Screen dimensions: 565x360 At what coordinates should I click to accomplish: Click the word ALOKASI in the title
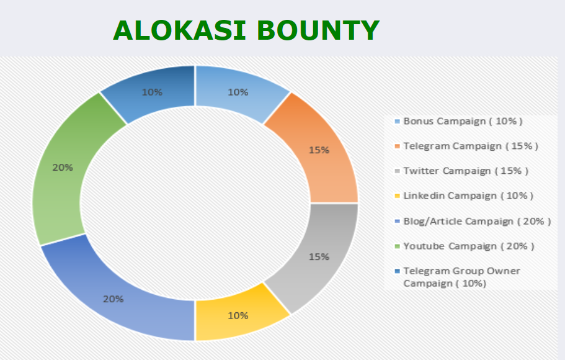(179, 30)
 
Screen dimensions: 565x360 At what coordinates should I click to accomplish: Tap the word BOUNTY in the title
(318, 30)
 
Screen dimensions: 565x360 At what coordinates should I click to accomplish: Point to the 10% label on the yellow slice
(238, 316)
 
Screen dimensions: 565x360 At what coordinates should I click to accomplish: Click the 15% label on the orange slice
(319, 150)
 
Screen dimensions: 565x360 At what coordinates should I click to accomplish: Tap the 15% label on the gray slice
(319, 257)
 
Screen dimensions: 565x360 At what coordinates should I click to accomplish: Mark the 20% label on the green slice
(63, 168)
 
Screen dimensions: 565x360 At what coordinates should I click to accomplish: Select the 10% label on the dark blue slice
(152, 92)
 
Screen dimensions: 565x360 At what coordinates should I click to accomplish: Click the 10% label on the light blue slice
(238, 92)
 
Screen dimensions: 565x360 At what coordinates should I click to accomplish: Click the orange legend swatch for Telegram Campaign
(398, 146)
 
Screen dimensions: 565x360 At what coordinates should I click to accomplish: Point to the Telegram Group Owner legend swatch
(398, 271)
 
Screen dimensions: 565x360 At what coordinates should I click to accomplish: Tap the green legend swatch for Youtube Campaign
(398, 246)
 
